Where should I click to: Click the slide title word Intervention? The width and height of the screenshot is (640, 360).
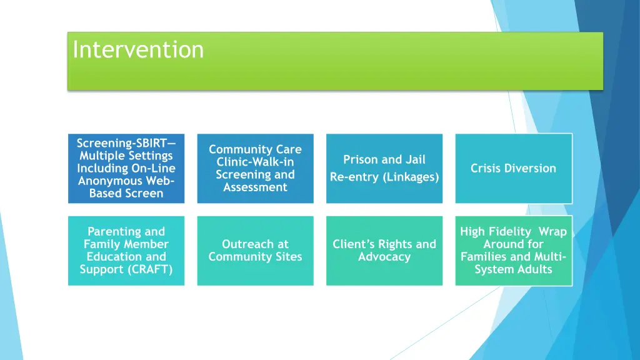tap(138, 49)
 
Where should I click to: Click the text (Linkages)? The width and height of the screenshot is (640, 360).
tap(412, 177)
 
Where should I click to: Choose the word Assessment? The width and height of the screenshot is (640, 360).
tap(255, 187)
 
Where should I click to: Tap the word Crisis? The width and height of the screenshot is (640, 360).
tap(486, 168)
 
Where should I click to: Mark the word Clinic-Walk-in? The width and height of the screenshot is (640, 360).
tap(255, 162)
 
